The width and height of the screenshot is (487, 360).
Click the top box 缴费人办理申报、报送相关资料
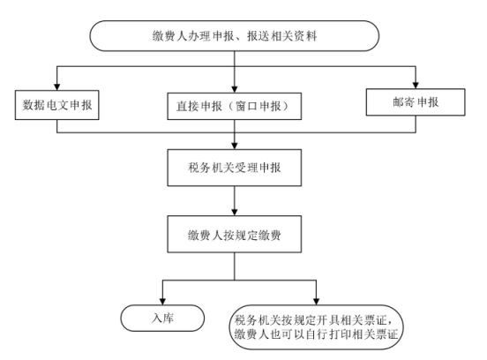click(234, 36)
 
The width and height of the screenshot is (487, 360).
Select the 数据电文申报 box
click(56, 105)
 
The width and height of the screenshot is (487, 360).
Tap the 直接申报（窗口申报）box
click(234, 106)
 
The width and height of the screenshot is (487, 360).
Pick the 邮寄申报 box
click(416, 102)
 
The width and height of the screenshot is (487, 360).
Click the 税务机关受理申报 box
click(234, 168)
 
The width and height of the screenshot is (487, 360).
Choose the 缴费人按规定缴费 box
click(234, 234)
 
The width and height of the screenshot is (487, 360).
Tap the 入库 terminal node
click(162, 318)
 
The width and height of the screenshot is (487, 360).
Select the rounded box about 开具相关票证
click(316, 327)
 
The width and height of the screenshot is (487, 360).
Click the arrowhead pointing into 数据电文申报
click(56, 86)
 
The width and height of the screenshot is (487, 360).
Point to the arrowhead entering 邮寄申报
click(416, 85)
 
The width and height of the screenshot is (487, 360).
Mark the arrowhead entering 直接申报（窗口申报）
click(235, 89)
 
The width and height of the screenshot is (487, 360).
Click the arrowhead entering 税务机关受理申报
click(235, 146)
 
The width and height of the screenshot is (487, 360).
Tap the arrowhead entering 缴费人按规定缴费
click(235, 212)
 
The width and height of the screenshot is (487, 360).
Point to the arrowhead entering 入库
click(162, 301)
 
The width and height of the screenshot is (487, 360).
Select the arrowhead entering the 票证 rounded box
click(316, 301)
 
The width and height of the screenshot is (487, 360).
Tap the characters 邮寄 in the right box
click(403, 101)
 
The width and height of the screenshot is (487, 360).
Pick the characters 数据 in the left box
click(34, 105)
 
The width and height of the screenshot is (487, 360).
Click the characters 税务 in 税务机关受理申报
click(199, 168)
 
